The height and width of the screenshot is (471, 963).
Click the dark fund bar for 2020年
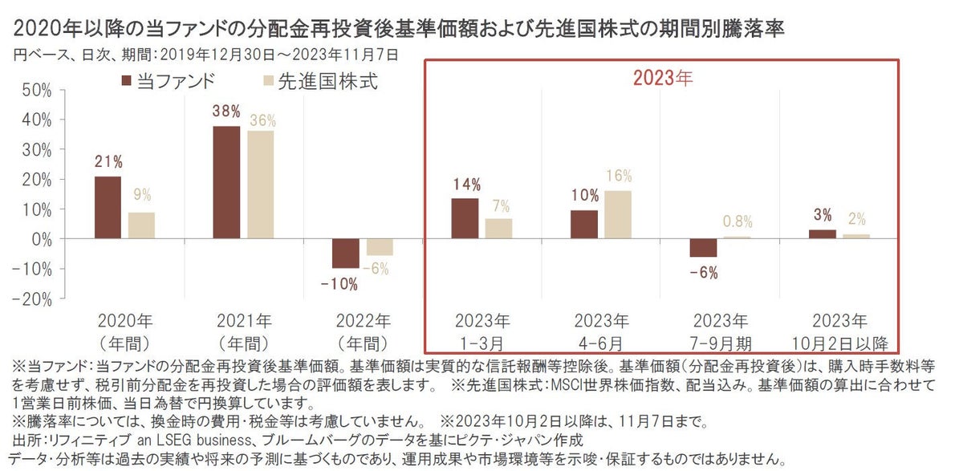coord(108,208)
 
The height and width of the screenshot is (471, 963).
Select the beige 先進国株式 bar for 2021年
coord(260,185)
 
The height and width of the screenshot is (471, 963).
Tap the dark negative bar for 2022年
coord(346,254)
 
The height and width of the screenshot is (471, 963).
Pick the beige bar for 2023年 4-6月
coord(618,215)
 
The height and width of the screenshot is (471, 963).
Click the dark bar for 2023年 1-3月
coord(465,219)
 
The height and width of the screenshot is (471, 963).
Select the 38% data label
coord(226,112)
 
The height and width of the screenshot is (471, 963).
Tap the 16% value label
coord(619,176)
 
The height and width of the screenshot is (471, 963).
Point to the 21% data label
coord(108,162)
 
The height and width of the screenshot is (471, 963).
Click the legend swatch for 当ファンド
coord(125,81)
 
